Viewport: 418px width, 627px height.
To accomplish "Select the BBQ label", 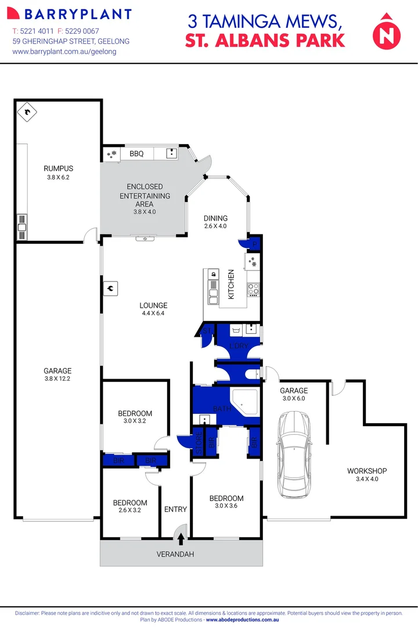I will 136,154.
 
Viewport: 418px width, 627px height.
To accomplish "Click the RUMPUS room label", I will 58,169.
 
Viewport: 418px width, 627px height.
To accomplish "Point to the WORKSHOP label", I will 366,471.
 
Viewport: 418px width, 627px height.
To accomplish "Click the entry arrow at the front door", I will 181,539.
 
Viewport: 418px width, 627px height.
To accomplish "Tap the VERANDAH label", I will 175,554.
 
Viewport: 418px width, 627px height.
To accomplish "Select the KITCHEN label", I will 230,284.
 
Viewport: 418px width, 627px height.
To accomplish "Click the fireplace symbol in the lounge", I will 110,287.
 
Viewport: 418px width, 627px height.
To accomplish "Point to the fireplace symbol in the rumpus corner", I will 27,111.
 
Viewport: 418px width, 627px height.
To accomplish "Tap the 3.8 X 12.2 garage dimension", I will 57,379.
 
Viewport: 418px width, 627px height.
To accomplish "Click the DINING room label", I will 215,218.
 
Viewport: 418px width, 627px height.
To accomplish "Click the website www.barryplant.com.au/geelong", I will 64,52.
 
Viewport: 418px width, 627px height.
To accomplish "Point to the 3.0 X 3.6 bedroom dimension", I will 226,506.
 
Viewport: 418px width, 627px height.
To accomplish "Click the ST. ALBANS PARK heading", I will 265,40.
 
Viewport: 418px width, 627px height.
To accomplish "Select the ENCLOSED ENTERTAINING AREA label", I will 145,196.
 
